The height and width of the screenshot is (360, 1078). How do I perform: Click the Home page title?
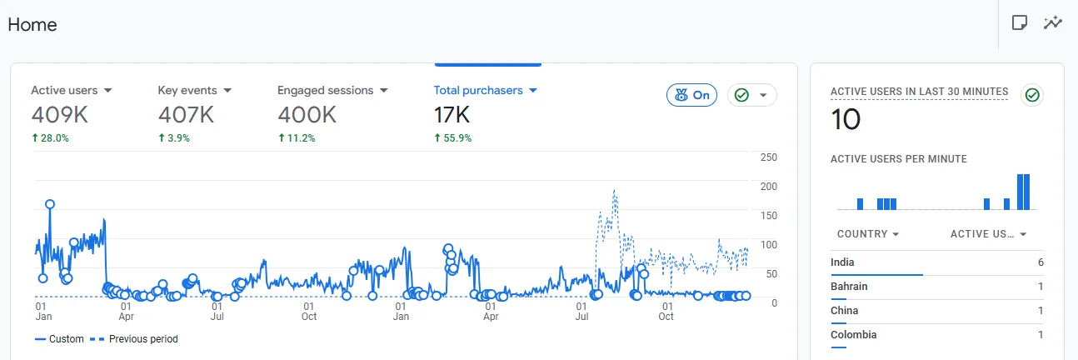pos(32,24)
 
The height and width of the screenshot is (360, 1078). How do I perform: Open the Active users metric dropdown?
pos(107,91)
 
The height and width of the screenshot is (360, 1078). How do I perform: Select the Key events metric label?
pos(187,91)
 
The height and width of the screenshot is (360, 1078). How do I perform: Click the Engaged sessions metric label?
pos(326,91)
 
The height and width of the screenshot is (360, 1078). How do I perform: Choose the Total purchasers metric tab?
pos(478,91)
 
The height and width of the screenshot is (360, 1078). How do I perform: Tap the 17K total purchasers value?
pos(452,115)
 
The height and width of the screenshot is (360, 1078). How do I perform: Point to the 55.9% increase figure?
pos(457,138)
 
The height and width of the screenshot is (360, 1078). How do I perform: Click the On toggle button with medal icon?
pos(691,95)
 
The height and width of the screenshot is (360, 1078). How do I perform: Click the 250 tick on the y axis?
pos(769,157)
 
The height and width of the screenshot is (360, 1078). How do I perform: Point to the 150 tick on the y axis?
pos(769,216)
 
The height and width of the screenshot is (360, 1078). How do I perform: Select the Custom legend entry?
pos(59,339)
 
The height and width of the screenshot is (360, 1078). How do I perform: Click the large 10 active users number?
pos(846,119)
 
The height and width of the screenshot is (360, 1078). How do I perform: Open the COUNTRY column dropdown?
pos(896,234)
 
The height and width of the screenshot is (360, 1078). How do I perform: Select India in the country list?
pos(842,262)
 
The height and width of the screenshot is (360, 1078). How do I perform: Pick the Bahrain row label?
pos(849,287)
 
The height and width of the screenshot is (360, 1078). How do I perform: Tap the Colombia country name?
pos(853,334)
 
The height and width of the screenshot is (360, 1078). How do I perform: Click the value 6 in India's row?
pos(1041,262)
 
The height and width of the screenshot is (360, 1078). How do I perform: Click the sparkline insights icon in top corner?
pos(1052,22)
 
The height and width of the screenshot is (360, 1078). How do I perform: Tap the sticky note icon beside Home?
pos(1020,22)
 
